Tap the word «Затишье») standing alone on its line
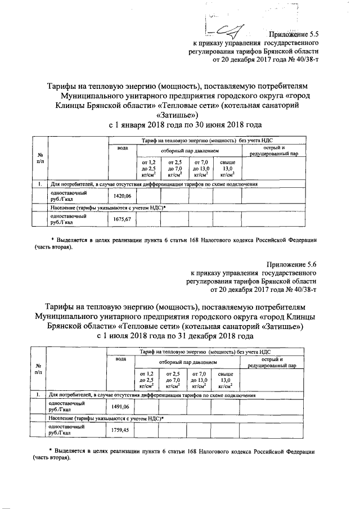click(x=178, y=115)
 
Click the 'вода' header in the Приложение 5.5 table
click(x=122, y=148)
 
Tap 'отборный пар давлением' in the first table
click(x=190, y=151)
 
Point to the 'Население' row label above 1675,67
click(x=101, y=208)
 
